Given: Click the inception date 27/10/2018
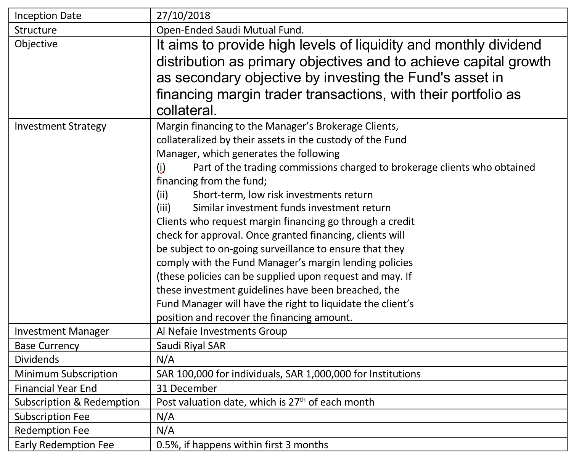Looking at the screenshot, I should (183, 16).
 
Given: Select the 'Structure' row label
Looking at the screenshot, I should (35, 30).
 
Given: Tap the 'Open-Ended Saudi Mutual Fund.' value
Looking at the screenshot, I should (230, 30).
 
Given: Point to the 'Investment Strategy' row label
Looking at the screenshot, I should (60, 126).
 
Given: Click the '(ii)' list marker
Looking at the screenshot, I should (162, 195).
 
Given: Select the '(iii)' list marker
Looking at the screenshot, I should (163, 208).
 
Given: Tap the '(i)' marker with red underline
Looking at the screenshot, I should (161, 167).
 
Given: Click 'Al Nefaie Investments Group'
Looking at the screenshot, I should (222, 331).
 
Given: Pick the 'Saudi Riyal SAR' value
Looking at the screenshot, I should (191, 346).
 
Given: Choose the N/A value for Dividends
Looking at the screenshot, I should (165, 359).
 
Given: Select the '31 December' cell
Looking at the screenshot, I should (187, 388).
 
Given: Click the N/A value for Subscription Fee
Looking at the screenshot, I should (165, 416).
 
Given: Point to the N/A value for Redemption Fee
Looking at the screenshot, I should (165, 430).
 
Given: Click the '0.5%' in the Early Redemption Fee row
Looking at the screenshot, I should (168, 445).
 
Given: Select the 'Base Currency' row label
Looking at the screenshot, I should (47, 346).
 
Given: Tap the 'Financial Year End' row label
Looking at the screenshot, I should (56, 388).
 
